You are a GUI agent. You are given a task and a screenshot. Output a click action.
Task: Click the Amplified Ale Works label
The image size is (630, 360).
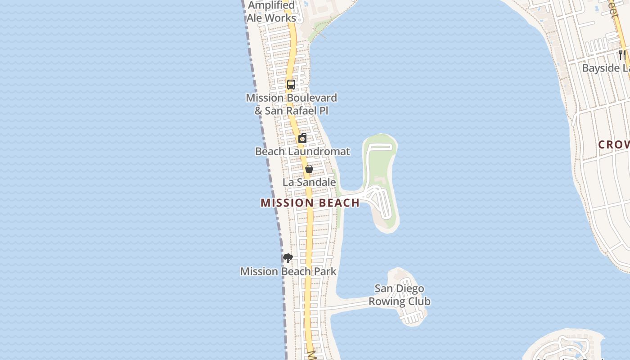click(271, 12)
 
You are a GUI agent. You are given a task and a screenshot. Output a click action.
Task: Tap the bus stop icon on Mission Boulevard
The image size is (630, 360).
click(291, 84)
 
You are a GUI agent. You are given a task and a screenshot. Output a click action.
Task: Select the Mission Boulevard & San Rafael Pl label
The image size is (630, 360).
click(291, 104)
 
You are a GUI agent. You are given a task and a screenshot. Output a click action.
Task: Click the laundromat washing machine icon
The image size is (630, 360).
click(303, 138)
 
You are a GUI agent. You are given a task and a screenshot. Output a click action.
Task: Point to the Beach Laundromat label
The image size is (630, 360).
click(302, 151)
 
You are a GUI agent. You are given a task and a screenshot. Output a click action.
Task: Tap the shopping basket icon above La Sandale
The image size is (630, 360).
click(309, 169)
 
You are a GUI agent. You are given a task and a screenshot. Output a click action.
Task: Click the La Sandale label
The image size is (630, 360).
click(309, 182)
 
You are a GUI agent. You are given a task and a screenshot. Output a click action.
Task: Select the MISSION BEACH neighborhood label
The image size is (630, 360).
click(310, 203)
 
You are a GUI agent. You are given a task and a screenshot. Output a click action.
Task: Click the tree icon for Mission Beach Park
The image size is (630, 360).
click(288, 258)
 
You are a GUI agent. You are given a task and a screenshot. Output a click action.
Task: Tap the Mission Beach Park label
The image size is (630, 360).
click(288, 271)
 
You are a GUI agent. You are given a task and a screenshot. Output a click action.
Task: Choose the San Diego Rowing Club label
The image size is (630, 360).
click(400, 295)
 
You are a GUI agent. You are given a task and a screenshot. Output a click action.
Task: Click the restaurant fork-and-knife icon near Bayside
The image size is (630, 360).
click(622, 55)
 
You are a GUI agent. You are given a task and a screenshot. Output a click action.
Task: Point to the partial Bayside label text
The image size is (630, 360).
click(606, 68)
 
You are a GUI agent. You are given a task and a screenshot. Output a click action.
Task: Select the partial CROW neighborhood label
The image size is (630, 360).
click(614, 144)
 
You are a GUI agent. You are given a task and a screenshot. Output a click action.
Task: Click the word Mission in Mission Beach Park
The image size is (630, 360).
click(258, 271)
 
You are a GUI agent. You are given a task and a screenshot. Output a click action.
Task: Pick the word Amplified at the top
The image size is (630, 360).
click(271, 5)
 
